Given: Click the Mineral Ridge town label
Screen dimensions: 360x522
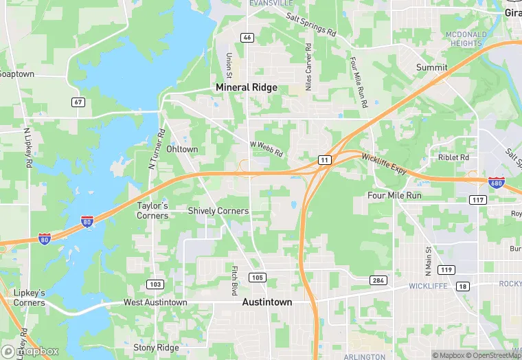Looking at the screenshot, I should [247, 87].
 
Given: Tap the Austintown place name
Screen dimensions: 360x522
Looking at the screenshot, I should [267, 302].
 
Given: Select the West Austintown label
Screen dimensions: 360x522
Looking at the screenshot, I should [155, 302].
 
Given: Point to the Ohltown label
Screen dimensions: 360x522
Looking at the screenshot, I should [182, 149].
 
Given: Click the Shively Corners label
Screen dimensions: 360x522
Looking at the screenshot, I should [218, 211].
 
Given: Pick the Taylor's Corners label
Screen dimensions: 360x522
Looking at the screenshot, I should [152, 210].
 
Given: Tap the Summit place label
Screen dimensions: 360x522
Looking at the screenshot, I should [431, 67].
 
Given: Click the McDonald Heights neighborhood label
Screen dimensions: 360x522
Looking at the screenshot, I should [466, 38].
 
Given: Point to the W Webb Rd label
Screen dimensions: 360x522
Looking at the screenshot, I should [266, 149].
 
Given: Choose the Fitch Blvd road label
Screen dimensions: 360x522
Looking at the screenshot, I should [234, 277].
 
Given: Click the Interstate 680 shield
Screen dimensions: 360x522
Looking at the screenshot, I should [496, 182].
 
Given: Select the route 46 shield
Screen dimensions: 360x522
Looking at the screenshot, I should [247, 37].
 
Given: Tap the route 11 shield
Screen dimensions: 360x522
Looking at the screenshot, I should [324, 159].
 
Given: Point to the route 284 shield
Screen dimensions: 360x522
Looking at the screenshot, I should [378, 280].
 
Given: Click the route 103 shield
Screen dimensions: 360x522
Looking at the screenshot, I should [155, 284].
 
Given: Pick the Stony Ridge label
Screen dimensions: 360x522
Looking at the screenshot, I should [156, 348].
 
